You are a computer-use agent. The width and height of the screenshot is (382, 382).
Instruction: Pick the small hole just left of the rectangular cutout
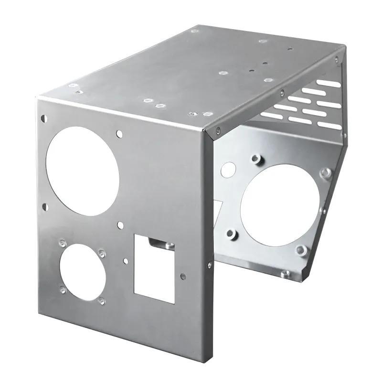(125, 260)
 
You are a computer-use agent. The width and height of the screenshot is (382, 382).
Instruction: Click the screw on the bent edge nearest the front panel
(218, 128)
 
